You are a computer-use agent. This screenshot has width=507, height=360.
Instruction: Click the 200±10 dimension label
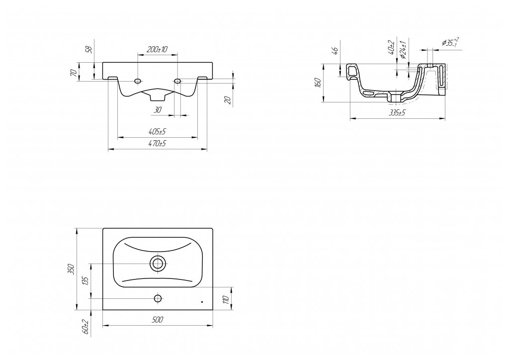pos(157,49)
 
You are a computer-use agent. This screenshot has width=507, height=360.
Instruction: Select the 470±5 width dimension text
pos(157,144)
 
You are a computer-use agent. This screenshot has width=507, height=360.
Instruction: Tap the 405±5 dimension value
pos(157,132)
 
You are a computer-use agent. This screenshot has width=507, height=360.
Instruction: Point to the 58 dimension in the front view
pos(89,49)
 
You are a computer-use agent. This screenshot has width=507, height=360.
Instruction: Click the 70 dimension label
pos(74,73)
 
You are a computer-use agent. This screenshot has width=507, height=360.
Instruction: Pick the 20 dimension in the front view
pos(228,100)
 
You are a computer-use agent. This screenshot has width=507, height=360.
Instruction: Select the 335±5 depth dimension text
pos(398,113)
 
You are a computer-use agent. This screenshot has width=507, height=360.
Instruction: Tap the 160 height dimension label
pos(318,83)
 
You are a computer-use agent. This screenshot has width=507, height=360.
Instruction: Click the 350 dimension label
pos(71,269)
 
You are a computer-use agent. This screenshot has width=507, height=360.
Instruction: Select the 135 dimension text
pos(85,281)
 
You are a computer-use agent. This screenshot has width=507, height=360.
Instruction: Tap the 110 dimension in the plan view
pos(225,299)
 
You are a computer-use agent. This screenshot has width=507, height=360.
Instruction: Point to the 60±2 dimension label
pos(85,326)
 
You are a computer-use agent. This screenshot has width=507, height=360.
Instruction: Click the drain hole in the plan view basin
pos(158,264)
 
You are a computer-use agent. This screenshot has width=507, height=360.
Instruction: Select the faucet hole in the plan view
pos(158,298)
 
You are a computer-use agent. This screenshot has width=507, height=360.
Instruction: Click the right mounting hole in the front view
pos(177,81)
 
